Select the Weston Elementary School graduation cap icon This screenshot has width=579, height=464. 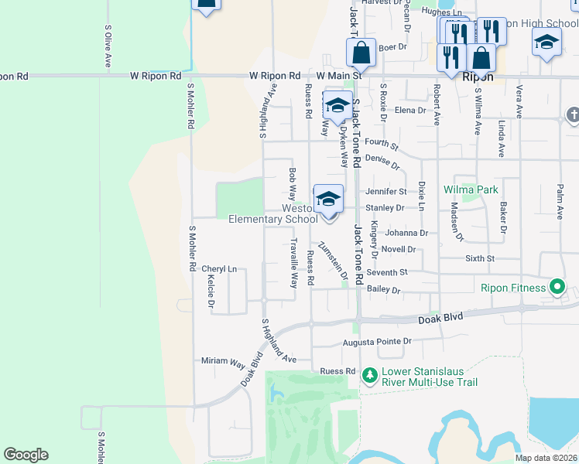click(328, 200)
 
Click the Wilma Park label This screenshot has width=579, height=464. click(471, 189)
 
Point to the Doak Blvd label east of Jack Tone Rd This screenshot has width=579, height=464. click(440, 319)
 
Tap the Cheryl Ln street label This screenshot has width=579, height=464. click(219, 269)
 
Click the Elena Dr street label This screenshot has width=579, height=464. click(410, 111)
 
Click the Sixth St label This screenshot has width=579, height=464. click(479, 258)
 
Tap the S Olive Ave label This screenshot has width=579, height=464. click(108, 48)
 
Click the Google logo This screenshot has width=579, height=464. click(26, 455)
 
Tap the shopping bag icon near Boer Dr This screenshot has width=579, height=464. click(361, 53)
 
